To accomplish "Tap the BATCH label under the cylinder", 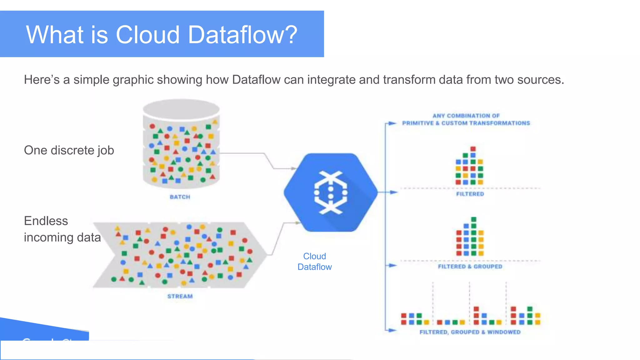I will point(180,197).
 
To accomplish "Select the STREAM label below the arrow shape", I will point(180,296).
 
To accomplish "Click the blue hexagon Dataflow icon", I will point(331,192).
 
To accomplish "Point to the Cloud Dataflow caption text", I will point(314,262).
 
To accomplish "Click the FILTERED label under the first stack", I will point(470,194).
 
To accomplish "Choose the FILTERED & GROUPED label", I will point(470,267).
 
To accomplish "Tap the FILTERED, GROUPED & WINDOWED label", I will point(470,332).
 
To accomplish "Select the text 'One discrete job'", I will point(69,150).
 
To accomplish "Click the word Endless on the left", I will point(46,221).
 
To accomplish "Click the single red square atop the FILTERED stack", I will point(473,149).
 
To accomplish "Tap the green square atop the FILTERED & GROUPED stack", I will point(474,219).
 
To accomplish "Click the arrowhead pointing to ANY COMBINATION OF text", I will point(393,123).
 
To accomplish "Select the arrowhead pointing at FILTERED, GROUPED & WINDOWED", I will point(393,330).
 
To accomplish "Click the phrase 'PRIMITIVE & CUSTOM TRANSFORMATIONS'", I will point(466,123).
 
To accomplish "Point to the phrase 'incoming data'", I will point(62,237).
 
